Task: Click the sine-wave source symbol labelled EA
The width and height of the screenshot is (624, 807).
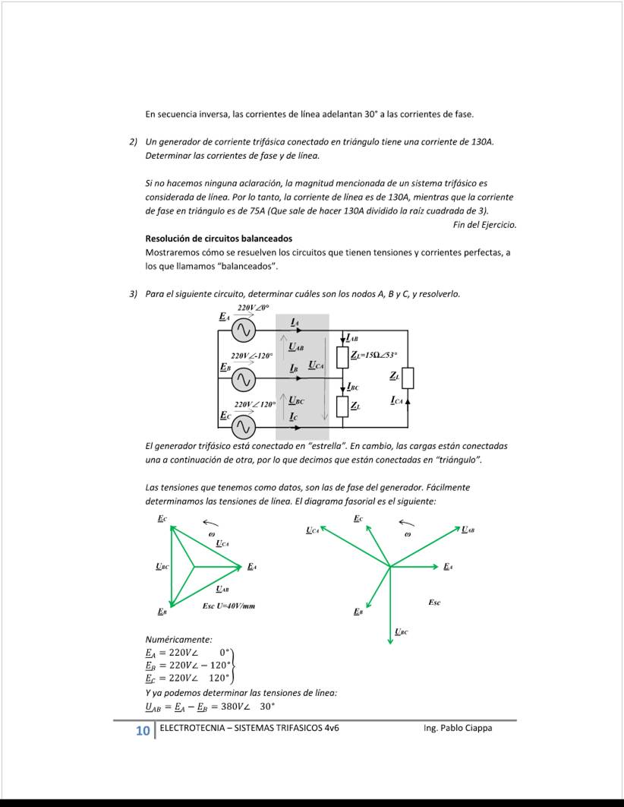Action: click(242, 331)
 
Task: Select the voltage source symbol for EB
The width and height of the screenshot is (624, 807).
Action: click(242, 378)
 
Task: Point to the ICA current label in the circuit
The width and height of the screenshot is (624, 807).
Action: click(397, 400)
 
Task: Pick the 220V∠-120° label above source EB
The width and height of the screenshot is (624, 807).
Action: click(252, 356)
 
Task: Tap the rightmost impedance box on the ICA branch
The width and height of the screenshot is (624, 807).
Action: click(408, 378)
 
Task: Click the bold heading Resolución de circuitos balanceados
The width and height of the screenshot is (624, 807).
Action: click(219, 239)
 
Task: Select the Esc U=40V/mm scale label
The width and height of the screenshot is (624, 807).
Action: click(228, 606)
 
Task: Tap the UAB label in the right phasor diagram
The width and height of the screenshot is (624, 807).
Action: click(468, 529)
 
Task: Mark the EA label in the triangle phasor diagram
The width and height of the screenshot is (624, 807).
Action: click(251, 566)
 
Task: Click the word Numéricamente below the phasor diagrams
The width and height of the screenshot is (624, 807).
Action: click(178, 640)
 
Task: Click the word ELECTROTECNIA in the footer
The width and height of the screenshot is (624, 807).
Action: click(187, 728)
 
